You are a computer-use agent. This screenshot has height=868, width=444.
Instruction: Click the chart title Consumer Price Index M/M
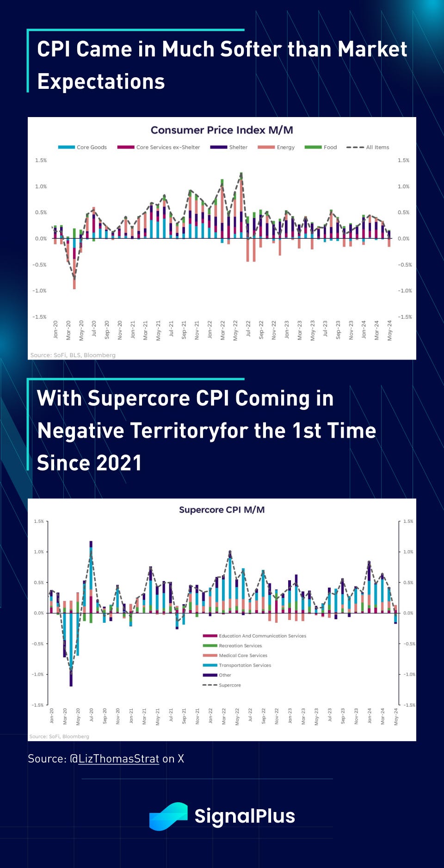[222, 130]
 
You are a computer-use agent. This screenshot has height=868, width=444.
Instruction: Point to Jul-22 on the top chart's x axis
[248, 329]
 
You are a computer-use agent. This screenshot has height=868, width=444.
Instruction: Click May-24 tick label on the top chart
[390, 330]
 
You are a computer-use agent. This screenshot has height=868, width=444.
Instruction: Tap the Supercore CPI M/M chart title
[222, 509]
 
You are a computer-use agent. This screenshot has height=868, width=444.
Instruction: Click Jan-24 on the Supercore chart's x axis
[370, 715]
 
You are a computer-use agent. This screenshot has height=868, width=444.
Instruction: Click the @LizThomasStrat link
[118, 759]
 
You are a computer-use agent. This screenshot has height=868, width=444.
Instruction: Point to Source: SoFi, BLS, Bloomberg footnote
[73, 355]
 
